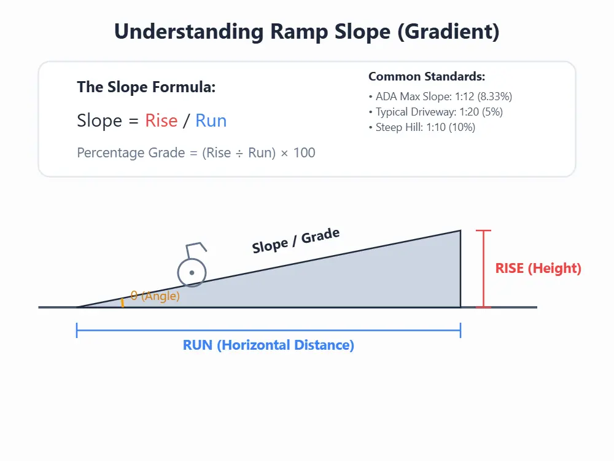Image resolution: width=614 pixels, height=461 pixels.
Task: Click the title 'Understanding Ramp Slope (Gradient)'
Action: [x=307, y=32]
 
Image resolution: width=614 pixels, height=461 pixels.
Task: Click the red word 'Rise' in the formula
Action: [x=161, y=120]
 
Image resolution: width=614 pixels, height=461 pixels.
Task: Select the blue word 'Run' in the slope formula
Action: [x=211, y=120]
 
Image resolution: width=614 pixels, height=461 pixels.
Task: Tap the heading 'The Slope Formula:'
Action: [x=146, y=87]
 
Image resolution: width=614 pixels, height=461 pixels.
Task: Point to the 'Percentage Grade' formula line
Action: [x=196, y=152]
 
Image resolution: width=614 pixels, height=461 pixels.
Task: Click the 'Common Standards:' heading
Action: [x=427, y=77]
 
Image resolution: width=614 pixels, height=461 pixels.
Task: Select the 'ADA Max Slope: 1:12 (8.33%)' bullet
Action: [x=440, y=97]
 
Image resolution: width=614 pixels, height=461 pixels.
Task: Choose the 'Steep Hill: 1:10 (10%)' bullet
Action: [x=422, y=127]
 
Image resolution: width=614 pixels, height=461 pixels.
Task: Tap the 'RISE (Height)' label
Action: [x=538, y=269]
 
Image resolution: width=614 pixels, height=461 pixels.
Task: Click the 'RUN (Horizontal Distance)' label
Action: [x=268, y=345]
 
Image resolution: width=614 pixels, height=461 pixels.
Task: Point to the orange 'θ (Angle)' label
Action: [x=155, y=296]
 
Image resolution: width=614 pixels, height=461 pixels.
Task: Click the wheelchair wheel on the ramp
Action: [x=192, y=272]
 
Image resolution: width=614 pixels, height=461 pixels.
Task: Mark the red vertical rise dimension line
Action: [x=484, y=269]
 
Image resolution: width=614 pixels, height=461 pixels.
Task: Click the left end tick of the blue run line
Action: [x=77, y=331]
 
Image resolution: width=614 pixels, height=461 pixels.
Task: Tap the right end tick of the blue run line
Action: [x=460, y=331]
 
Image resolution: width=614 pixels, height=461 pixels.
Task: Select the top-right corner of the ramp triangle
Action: [x=460, y=231]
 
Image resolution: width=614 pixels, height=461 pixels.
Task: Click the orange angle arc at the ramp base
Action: [x=123, y=302]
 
